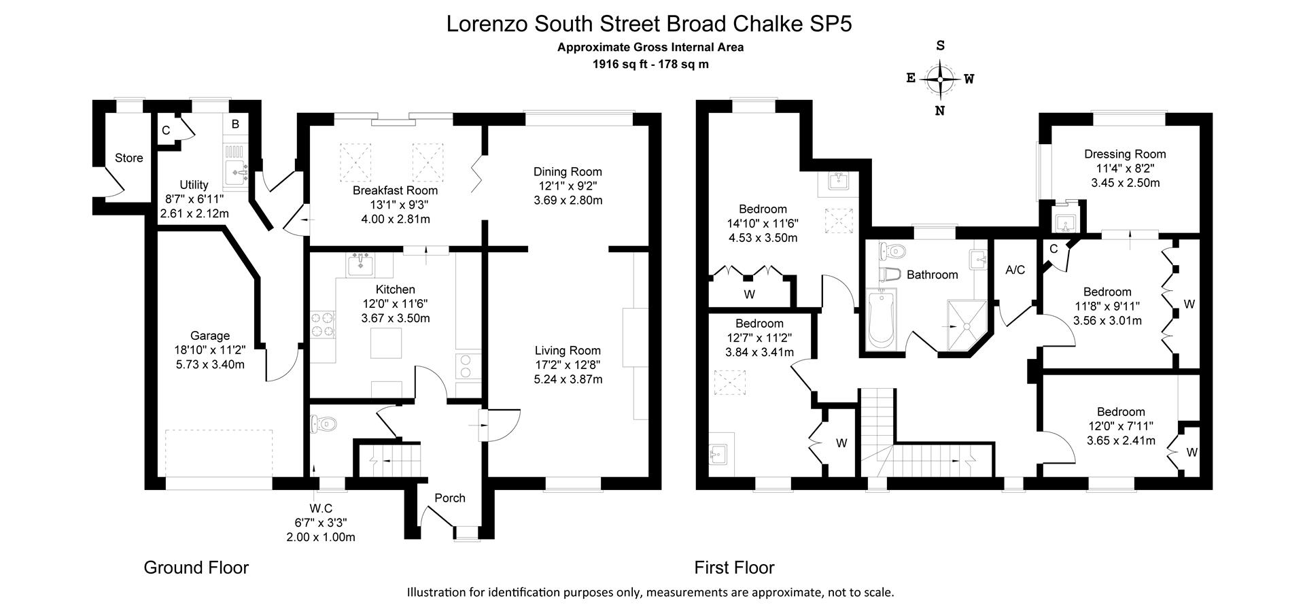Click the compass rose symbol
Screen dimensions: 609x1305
click(940, 80)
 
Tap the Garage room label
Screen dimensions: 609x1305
click(209, 336)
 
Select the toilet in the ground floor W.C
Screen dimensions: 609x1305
click(323, 424)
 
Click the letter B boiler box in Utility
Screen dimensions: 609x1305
click(235, 124)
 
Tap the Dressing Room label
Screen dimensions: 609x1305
click(1125, 154)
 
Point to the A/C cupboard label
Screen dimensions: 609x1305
click(1015, 270)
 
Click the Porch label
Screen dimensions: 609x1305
click(450, 498)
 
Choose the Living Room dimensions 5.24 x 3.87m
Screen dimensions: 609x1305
click(568, 379)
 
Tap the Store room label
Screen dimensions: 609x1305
click(128, 158)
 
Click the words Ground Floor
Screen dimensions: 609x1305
click(196, 568)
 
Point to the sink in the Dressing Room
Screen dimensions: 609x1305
click(1062, 220)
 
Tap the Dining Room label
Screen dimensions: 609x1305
click(568, 172)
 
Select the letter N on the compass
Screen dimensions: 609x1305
click(940, 111)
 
